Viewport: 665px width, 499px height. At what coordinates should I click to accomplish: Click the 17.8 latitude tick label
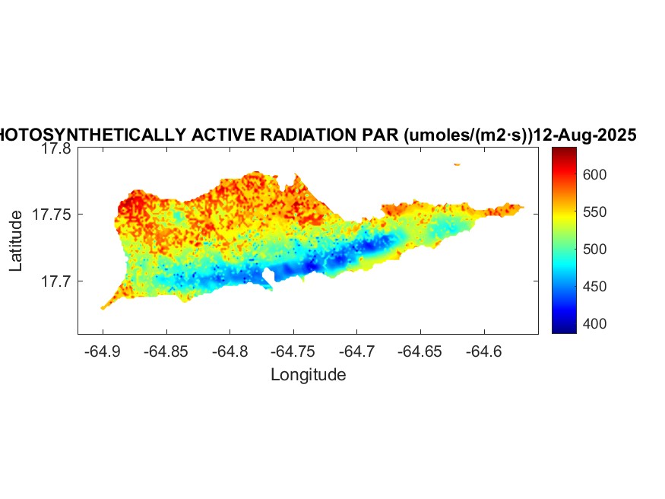56,149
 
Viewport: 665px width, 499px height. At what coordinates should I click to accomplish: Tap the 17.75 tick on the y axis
52,215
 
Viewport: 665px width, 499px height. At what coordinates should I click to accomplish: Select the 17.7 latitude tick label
56,281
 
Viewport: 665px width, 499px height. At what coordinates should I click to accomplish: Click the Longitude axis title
309,374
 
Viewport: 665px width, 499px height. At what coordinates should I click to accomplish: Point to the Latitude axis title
17,241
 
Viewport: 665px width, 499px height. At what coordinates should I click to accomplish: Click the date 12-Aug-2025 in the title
585,135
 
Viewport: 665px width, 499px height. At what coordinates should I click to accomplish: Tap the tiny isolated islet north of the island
457,164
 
